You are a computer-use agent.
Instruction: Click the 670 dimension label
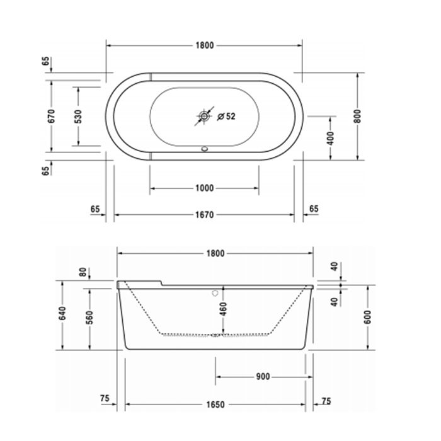click(52, 116)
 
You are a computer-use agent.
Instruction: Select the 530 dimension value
click(78, 116)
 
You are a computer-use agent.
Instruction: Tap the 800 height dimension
click(358, 116)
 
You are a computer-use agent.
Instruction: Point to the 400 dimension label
click(331, 138)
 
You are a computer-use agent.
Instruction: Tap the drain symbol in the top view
click(204, 116)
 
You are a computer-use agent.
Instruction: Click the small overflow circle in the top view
click(204, 150)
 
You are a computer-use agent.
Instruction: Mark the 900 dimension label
click(263, 377)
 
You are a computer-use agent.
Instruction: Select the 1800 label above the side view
click(215, 253)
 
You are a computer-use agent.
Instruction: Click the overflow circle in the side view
click(215, 293)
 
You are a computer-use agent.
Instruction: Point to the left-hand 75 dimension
click(105, 399)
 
